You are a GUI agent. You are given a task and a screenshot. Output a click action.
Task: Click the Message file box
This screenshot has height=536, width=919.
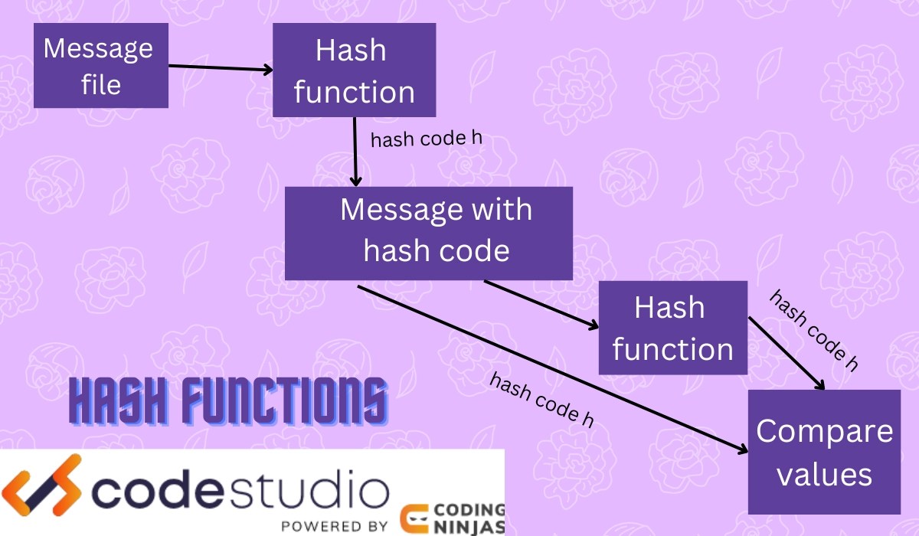[100, 65]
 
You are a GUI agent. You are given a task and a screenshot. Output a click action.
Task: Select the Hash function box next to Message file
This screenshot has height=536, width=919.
[354, 70]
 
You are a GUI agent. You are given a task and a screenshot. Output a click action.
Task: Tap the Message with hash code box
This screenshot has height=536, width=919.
[429, 233]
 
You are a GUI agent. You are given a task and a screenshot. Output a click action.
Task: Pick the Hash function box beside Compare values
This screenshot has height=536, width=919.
[672, 328]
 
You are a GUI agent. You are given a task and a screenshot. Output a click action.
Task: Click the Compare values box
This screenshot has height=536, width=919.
[824, 452]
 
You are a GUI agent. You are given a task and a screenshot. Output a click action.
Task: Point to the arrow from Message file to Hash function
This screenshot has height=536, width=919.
[221, 68]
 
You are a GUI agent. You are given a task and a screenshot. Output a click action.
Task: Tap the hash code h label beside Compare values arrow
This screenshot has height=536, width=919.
[813, 330]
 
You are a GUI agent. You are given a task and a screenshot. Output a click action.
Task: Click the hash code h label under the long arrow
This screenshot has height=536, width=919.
[541, 400]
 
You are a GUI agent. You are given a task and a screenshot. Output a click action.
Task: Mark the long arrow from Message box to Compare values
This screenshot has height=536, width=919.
[551, 368]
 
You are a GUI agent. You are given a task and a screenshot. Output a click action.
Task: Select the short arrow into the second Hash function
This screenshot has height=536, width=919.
[541, 305]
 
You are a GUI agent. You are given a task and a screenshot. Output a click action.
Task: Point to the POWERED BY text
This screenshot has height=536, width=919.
[334, 526]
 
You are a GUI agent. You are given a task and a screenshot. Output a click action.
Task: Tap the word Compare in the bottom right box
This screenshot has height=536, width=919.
[824, 431]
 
